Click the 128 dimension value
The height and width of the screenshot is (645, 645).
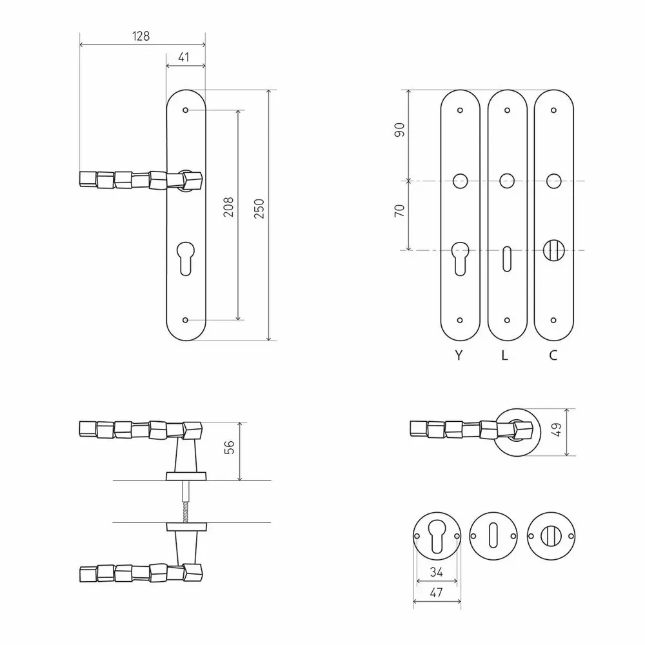(141, 36)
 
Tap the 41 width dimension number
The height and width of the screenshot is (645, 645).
(184, 57)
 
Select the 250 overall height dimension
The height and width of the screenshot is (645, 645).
(259, 208)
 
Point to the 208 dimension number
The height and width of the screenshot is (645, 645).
(228, 207)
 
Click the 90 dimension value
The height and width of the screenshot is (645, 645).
(399, 130)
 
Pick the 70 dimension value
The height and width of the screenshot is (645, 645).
(399, 211)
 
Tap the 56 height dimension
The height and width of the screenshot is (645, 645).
(229, 447)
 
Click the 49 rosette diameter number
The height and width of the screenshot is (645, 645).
(556, 429)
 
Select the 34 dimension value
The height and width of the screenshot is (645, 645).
(437, 571)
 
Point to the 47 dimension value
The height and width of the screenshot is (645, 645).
(436, 592)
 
